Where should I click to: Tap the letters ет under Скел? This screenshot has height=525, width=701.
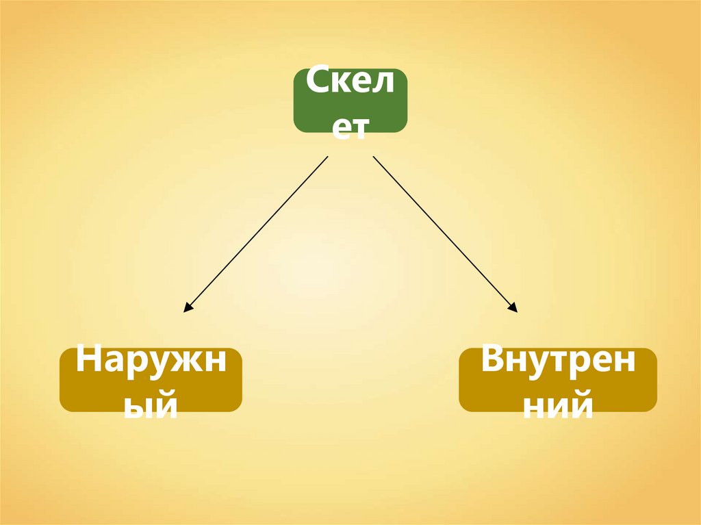[350, 127]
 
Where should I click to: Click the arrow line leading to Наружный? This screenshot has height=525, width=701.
[257, 234]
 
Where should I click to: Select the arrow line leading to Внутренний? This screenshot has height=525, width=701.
[445, 234]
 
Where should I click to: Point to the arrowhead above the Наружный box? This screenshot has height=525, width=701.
[187, 309]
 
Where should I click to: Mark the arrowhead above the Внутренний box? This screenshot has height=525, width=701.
[513, 309]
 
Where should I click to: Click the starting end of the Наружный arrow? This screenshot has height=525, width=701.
[328, 157]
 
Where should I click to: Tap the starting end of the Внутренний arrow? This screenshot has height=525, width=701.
[373, 157]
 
